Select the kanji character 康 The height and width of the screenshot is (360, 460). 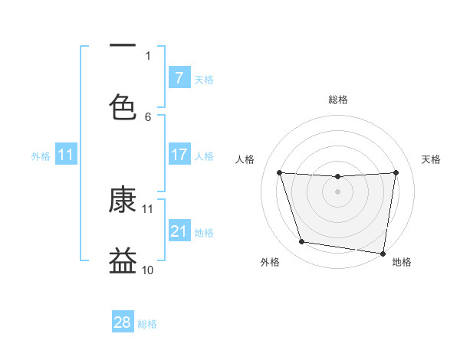pos(123,199)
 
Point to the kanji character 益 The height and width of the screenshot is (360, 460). pos(123,261)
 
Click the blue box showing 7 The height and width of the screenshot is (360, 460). pos(179,77)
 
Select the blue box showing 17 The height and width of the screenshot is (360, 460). pos(179,155)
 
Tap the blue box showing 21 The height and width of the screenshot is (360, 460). pos(179,231)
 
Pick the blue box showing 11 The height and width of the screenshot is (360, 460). pos(66,155)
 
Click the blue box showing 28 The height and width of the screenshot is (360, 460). pos(123,322)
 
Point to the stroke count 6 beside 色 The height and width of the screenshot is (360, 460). pos(149,116)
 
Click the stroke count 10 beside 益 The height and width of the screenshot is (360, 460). pos(148,270)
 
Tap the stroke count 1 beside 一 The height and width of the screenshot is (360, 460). pos(149,55)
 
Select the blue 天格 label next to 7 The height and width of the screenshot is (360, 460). pos(204,79)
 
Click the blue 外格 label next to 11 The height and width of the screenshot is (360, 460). pos(41,156)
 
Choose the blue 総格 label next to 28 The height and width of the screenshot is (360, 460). pos(147,324)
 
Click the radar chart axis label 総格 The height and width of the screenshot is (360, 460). pos(338,100)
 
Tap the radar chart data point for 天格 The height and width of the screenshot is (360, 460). pos(396,172)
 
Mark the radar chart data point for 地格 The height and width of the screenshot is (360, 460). pos(383,253)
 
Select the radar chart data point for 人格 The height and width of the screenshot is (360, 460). pos(279,172)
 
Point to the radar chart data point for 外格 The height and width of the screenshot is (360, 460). pos(302,242)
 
